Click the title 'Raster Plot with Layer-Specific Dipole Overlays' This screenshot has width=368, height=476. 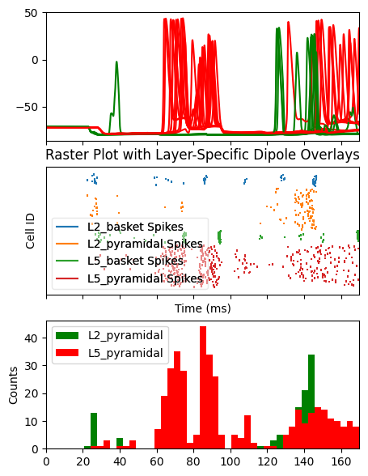[202, 155]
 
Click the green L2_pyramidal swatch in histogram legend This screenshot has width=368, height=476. [67, 335]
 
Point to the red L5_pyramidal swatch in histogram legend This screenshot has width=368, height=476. [67, 353]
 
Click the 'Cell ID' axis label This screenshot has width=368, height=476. [30, 231]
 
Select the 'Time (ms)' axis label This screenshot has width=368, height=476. [203, 308]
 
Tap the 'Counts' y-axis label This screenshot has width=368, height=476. [13, 385]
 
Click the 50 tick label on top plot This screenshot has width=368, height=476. [31, 13]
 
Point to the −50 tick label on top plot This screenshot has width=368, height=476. [27, 108]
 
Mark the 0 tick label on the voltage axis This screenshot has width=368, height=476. [35, 60]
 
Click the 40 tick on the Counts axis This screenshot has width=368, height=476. [31, 338]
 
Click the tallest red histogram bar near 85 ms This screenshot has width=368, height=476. [203, 388]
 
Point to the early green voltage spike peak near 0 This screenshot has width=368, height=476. [116, 62]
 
